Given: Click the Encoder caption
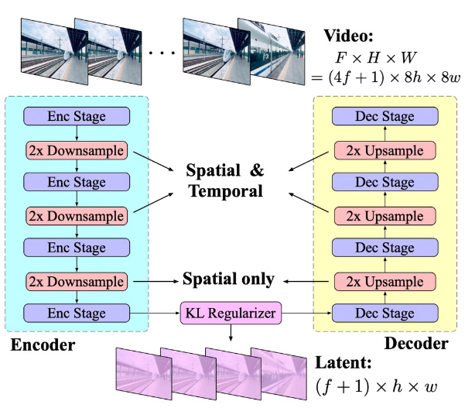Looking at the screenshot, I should click(43, 346).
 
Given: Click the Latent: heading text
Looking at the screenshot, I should click(347, 362).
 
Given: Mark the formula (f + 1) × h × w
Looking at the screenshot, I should click(367, 385).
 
